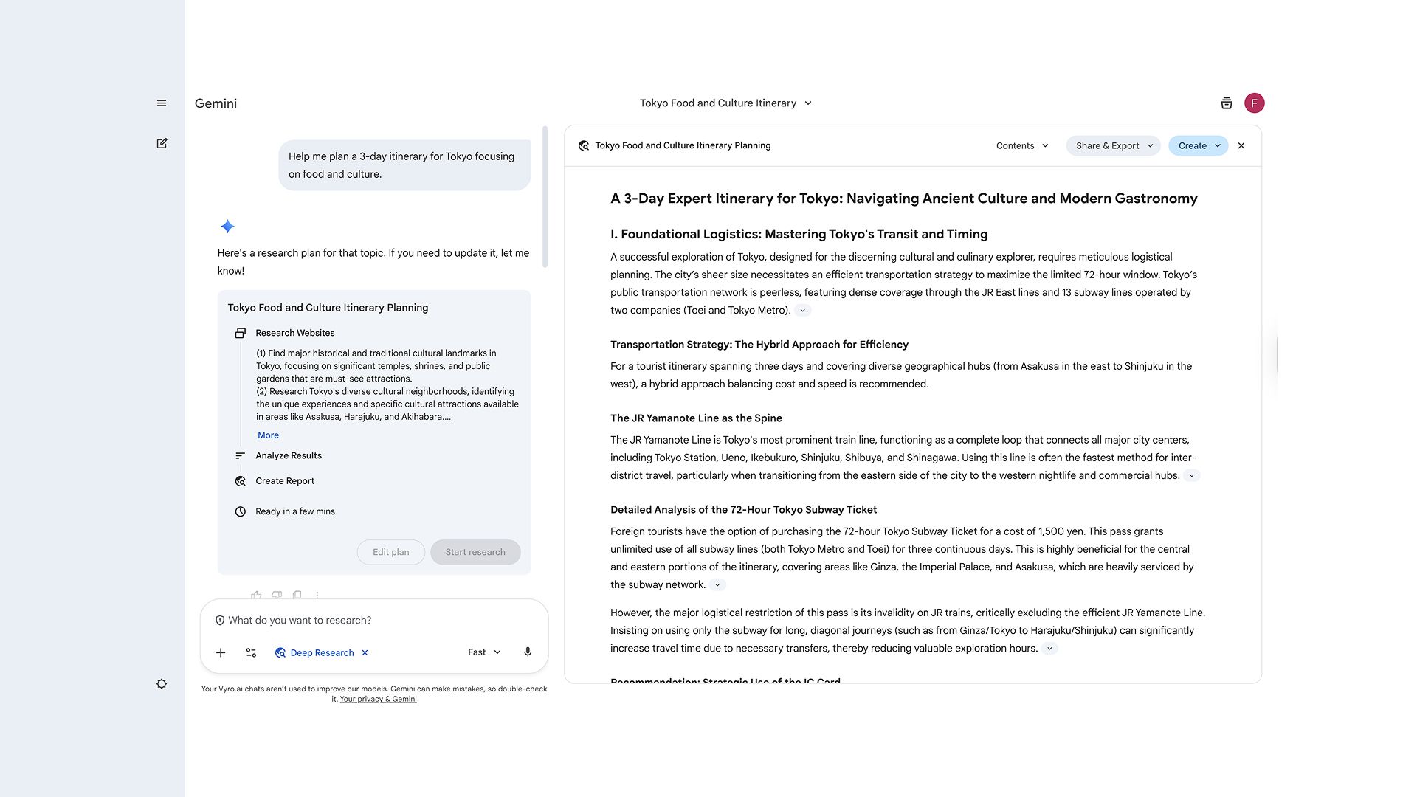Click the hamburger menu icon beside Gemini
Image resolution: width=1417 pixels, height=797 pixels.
point(162,103)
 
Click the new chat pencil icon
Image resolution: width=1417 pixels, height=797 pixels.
point(162,143)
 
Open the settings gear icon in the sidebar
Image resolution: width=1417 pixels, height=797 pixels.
point(162,684)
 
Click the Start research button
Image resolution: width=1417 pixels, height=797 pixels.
point(475,552)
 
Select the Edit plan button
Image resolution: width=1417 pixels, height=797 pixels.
point(390,552)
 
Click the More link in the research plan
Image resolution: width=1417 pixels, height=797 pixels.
point(268,435)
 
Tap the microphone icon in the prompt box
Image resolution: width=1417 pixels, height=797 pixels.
point(528,652)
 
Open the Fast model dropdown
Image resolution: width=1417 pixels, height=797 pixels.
point(484,652)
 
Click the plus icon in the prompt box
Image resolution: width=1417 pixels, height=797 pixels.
point(221,652)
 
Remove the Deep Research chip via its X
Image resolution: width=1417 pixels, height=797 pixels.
point(365,652)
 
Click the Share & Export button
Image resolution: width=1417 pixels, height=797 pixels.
point(1113,145)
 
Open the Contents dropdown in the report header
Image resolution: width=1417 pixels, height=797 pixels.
point(1022,145)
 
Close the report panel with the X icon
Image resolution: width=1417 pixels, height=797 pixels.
point(1241,145)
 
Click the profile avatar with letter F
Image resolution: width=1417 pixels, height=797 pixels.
point(1254,103)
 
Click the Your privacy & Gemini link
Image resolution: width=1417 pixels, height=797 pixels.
point(378,699)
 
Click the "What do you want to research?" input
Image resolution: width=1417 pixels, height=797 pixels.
point(369,621)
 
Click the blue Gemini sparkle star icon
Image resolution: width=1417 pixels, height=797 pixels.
point(227,227)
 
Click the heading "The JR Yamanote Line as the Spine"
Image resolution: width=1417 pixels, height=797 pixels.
point(696,418)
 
